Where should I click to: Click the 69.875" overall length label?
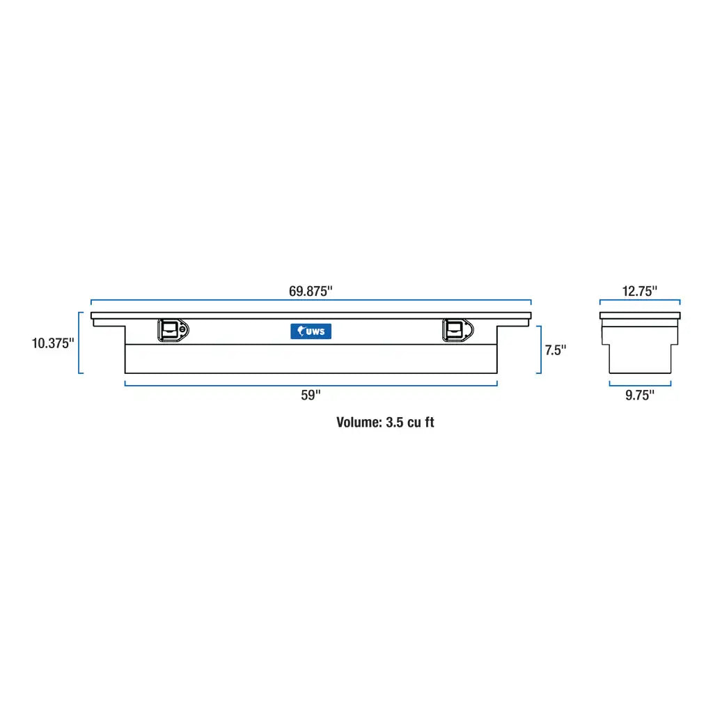coord(311,291)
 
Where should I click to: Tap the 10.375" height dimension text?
coord(52,343)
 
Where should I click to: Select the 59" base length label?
coord(311,395)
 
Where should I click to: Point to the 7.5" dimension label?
coord(556,350)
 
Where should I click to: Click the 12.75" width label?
coord(639,291)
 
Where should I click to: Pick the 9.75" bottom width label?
coord(639,395)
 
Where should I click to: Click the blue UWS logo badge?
coord(311,331)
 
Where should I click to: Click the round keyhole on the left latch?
coord(182,331)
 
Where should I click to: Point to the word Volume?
coord(359,423)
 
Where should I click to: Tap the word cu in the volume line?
coord(415,423)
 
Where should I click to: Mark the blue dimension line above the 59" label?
coord(311,384)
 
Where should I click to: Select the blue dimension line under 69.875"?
coord(311,301)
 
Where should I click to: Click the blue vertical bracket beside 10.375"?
coord(80,343)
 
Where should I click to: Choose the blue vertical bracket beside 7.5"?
coord(540,350)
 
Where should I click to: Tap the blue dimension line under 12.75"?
coord(639,301)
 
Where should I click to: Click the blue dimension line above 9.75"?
coord(639,384)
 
